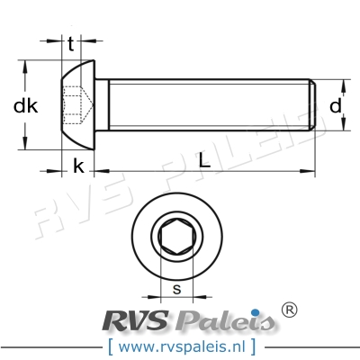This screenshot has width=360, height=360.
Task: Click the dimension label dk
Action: tap(26, 106)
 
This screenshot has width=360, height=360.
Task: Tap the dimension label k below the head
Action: tap(79, 166)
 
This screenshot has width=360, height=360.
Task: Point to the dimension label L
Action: tap(205, 165)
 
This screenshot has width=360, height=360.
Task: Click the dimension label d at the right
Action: tap(335, 106)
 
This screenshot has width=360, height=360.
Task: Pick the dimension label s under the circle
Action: tap(176, 290)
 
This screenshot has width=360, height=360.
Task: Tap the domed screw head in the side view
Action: tap(77, 105)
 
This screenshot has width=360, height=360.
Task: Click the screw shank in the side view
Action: tap(207, 105)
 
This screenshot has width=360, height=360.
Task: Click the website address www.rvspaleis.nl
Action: tap(179, 346)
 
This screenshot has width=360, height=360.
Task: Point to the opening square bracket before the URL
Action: tap(110, 346)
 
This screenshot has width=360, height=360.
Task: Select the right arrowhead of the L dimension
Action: tap(311, 166)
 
